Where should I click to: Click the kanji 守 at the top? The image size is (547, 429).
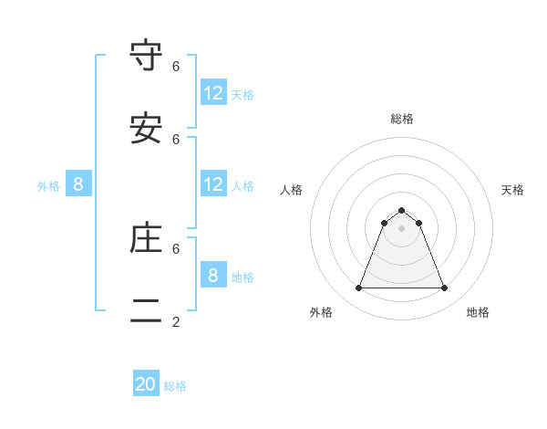click(146, 57)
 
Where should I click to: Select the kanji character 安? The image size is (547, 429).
click(146, 129)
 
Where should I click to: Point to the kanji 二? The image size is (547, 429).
click(146, 310)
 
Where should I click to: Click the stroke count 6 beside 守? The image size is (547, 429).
click(176, 67)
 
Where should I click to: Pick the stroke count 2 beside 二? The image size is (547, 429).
click(176, 321)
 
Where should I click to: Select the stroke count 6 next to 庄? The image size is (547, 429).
click(176, 248)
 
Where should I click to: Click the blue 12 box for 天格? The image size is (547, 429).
click(213, 92)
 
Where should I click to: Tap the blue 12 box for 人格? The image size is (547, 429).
click(213, 184)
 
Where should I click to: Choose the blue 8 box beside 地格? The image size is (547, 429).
click(213, 276)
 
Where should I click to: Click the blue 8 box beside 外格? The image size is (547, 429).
click(78, 184)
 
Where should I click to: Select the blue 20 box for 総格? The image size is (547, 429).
click(146, 384)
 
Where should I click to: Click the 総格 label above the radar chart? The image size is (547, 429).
click(401, 119)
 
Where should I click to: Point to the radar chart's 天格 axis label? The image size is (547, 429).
click(512, 190)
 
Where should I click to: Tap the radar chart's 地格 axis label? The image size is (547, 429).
click(478, 312)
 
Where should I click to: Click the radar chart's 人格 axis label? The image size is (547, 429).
click(291, 190)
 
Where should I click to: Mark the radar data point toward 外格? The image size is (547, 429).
click(358, 288)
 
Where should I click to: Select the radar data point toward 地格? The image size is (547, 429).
click(444, 288)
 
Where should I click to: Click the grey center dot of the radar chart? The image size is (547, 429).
click(401, 228)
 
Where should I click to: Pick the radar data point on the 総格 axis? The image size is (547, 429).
click(401, 210)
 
